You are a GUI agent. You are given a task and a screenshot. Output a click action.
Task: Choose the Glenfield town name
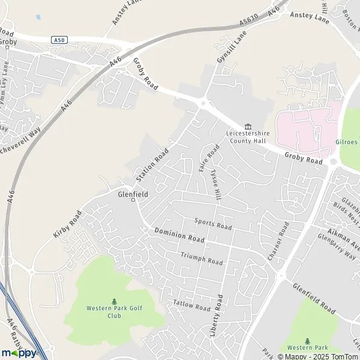[133, 194]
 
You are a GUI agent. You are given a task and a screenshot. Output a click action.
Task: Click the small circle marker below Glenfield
[133, 200]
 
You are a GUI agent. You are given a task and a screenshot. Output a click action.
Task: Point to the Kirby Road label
[67, 224]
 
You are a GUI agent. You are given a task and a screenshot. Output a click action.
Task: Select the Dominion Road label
[179, 235]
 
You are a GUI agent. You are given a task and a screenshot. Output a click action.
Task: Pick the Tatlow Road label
[191, 305]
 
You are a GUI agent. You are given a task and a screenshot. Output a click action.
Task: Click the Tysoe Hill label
[216, 184]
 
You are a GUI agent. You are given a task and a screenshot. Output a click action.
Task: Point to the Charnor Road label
[278, 241]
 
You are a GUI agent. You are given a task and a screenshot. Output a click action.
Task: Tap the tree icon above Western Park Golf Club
[114, 301]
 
